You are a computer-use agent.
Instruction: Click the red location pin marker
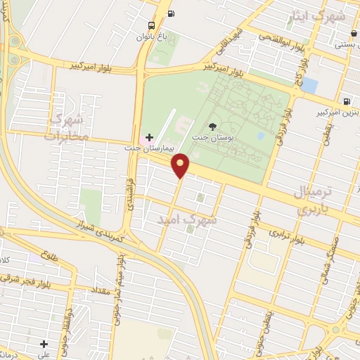tap(181, 165)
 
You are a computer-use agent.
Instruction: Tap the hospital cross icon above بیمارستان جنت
tap(148, 136)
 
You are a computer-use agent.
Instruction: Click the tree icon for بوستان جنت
tap(212, 127)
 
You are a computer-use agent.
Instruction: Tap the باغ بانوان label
tap(153, 37)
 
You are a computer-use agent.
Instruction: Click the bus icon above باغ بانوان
tap(172, 13)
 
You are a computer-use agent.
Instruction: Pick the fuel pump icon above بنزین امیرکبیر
tap(347, 101)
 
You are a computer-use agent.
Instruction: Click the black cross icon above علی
tap(44, 344)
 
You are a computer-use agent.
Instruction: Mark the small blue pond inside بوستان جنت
tap(262, 135)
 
